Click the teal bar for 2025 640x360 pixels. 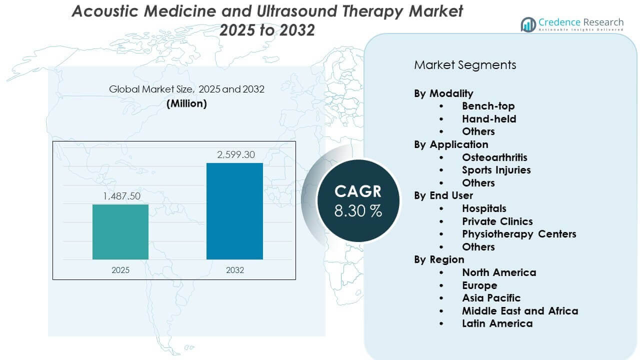point(120,231)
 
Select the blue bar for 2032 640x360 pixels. point(234,211)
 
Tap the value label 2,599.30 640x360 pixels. point(235,155)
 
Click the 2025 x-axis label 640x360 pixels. point(120,270)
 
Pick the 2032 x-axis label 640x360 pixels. point(235,270)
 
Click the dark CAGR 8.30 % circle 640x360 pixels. point(358,200)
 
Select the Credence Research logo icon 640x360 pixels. point(528,24)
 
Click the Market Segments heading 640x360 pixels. point(465,65)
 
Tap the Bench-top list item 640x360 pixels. point(488,106)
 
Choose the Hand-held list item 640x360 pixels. point(489,119)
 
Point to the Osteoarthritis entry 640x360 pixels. point(494,157)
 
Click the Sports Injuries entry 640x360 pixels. point(496,170)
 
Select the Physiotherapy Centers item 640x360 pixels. point(519,234)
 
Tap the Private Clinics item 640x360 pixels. point(497,221)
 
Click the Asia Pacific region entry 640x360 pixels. point(491,298)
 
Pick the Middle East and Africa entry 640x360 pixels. point(520,311)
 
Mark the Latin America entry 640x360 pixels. point(497,323)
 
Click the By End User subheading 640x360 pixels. point(443,195)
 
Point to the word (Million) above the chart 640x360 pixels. point(186,103)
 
